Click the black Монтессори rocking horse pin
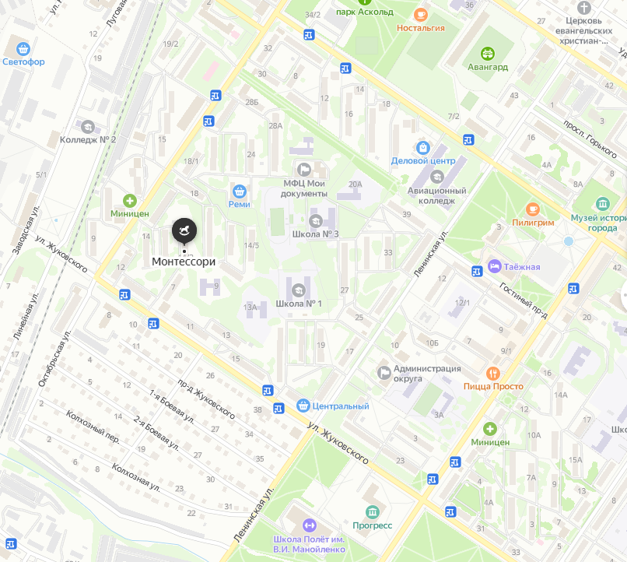184,230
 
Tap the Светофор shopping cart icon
23,48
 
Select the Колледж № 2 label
88,140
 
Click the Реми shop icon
240,190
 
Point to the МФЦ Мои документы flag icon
304,169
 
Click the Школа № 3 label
315,234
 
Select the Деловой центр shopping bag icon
422,147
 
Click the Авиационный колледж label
437,195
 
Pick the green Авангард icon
488,53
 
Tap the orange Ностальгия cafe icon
421,14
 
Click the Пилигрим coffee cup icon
533,209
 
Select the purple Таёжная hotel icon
494,267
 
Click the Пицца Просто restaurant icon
492,373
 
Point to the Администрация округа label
427,374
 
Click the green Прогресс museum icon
373,511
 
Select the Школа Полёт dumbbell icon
310,525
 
